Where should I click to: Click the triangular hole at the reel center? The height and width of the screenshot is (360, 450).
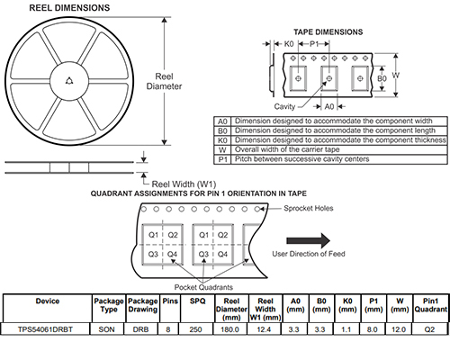[69, 81]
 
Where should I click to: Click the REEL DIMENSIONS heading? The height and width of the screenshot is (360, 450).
[69, 8]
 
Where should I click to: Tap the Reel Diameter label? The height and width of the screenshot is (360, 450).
[164, 81]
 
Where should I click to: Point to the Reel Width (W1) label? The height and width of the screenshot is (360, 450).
[184, 184]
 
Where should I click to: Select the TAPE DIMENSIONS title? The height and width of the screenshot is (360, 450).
[328, 32]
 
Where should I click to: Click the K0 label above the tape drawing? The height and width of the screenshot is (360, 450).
[289, 44]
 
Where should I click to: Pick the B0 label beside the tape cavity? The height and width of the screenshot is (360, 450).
[382, 78]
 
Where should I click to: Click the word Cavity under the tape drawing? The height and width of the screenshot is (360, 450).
[284, 106]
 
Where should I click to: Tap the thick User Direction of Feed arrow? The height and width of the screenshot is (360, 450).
[308, 240]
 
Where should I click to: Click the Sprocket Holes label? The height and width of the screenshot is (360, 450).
[309, 208]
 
